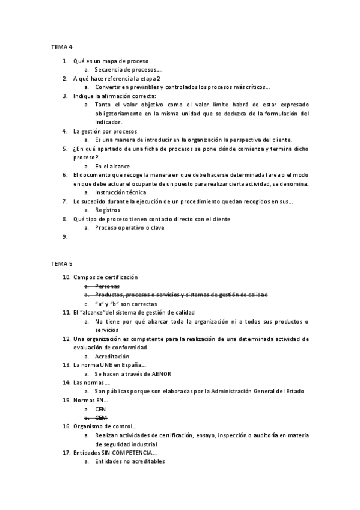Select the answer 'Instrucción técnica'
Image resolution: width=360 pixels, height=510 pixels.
click(x=120, y=192)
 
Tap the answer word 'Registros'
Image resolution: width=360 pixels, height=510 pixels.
click(x=108, y=210)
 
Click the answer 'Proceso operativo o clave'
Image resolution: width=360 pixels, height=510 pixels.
click(x=129, y=228)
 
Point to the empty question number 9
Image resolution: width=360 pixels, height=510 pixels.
click(x=64, y=237)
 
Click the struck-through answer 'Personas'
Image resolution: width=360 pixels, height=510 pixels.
click(x=108, y=286)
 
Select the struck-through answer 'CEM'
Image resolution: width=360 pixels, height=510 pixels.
click(x=101, y=417)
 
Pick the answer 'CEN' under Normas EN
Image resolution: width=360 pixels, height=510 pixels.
click(x=100, y=408)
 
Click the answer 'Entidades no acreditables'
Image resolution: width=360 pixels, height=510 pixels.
click(x=129, y=461)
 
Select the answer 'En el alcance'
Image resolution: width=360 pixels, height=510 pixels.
click(x=112, y=166)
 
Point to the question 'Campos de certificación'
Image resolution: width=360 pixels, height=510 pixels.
click(x=105, y=277)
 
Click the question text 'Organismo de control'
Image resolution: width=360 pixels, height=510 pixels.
click(x=103, y=426)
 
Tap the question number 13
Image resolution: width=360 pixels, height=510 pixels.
click(x=66, y=365)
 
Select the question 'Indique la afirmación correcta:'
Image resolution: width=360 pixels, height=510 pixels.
click(x=114, y=96)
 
